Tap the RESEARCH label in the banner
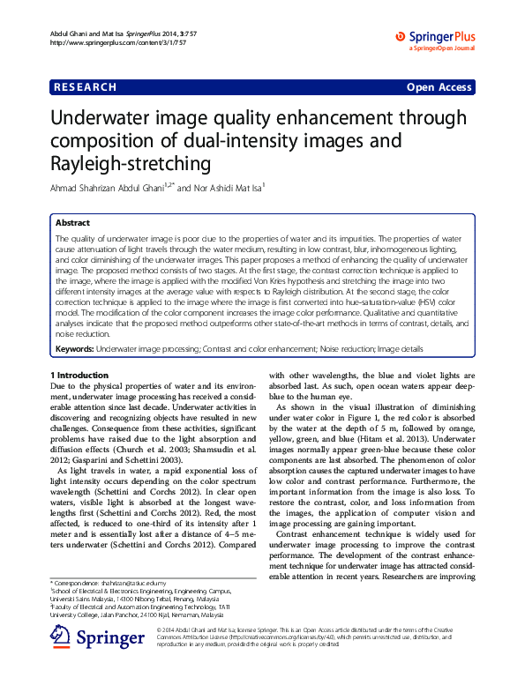[x=85, y=87]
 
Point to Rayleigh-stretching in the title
[x=131, y=164]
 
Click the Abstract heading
[x=72, y=223]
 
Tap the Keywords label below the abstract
[x=74, y=349]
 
